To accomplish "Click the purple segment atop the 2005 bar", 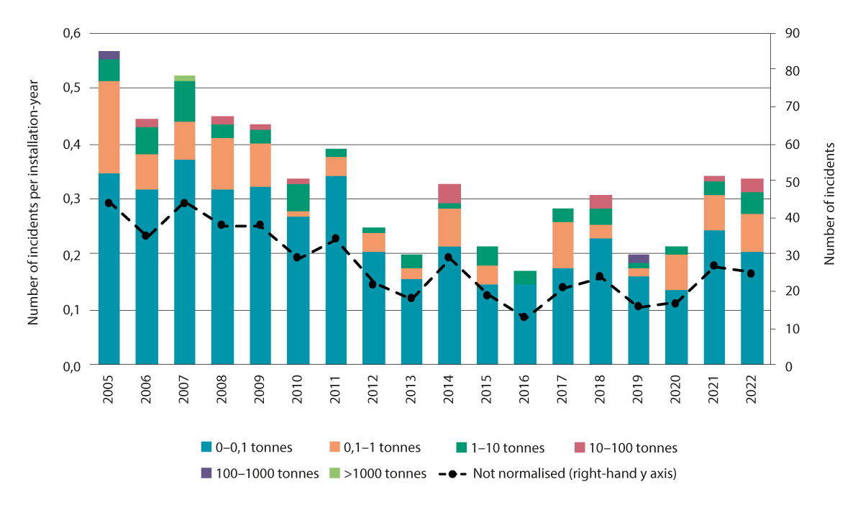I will tap(109, 55).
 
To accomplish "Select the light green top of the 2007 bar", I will tap(185, 78).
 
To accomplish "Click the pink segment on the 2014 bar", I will tap(449, 193).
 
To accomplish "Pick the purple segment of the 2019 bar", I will tap(638, 259).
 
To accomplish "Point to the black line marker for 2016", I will tap(524, 317).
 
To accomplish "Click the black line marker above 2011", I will tap(336, 238).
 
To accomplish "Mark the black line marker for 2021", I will tap(713, 265).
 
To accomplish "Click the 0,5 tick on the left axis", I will tap(69, 88).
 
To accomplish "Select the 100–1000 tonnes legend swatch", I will tap(206, 473).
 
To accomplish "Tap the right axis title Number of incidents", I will tap(830, 203).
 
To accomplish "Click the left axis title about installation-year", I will tap(32, 203).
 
